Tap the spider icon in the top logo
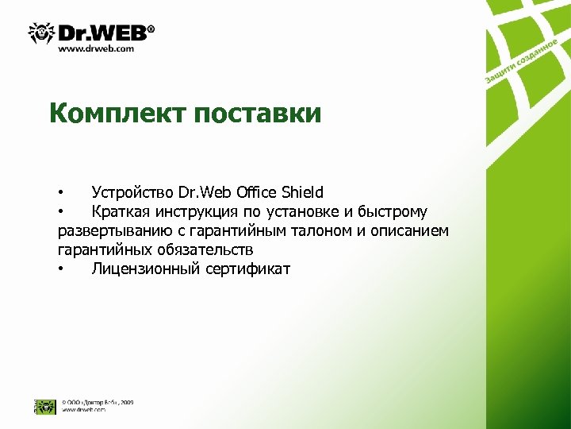(40, 33)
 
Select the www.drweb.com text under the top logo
(96, 48)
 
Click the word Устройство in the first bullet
(132, 192)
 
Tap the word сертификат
(248, 269)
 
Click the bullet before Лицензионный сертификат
(60, 269)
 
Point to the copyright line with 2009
(98, 403)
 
